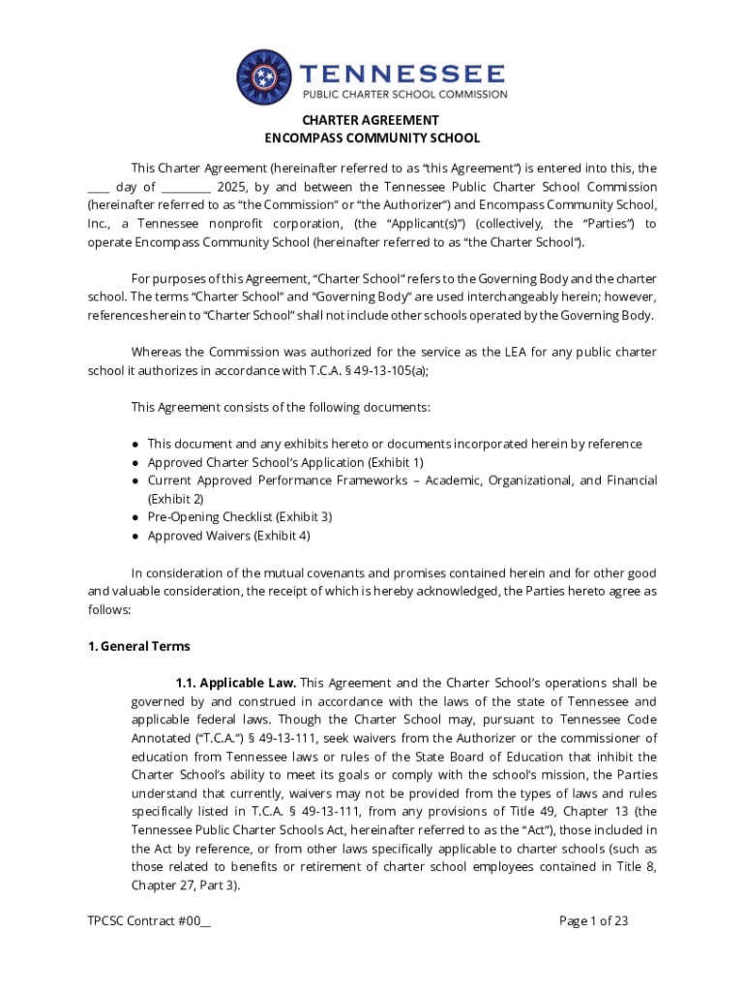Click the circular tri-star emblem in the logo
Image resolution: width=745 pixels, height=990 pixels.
tap(266, 78)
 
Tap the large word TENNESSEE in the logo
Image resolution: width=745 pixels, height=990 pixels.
tap(402, 73)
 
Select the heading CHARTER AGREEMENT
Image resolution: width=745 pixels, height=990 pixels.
tap(372, 121)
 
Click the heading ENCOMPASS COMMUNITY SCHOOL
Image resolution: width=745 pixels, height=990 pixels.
tap(372, 138)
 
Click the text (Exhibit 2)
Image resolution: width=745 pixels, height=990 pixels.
tap(175, 499)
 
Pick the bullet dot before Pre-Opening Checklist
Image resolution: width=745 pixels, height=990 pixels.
tap(136, 518)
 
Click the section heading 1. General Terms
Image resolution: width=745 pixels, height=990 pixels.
tap(138, 646)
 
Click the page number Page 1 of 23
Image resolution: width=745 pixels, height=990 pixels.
tap(593, 921)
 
